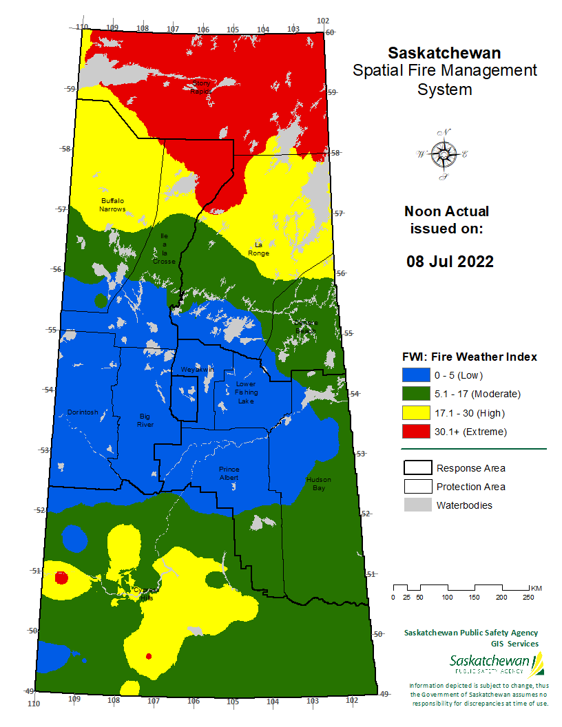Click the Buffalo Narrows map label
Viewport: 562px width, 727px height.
(x=112, y=204)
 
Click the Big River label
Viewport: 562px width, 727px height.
(x=145, y=420)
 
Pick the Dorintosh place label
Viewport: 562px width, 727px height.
(x=83, y=412)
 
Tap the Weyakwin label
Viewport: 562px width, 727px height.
(x=197, y=370)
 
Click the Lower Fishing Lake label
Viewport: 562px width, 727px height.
(x=245, y=392)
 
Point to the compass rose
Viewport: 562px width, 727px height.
(x=441, y=155)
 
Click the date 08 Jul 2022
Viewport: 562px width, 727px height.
(x=450, y=262)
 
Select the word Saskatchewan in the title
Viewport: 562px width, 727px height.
(x=444, y=53)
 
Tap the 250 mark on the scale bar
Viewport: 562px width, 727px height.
(x=528, y=597)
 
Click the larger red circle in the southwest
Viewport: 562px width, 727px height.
(x=61, y=578)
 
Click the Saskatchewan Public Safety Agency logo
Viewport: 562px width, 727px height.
(x=497, y=664)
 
